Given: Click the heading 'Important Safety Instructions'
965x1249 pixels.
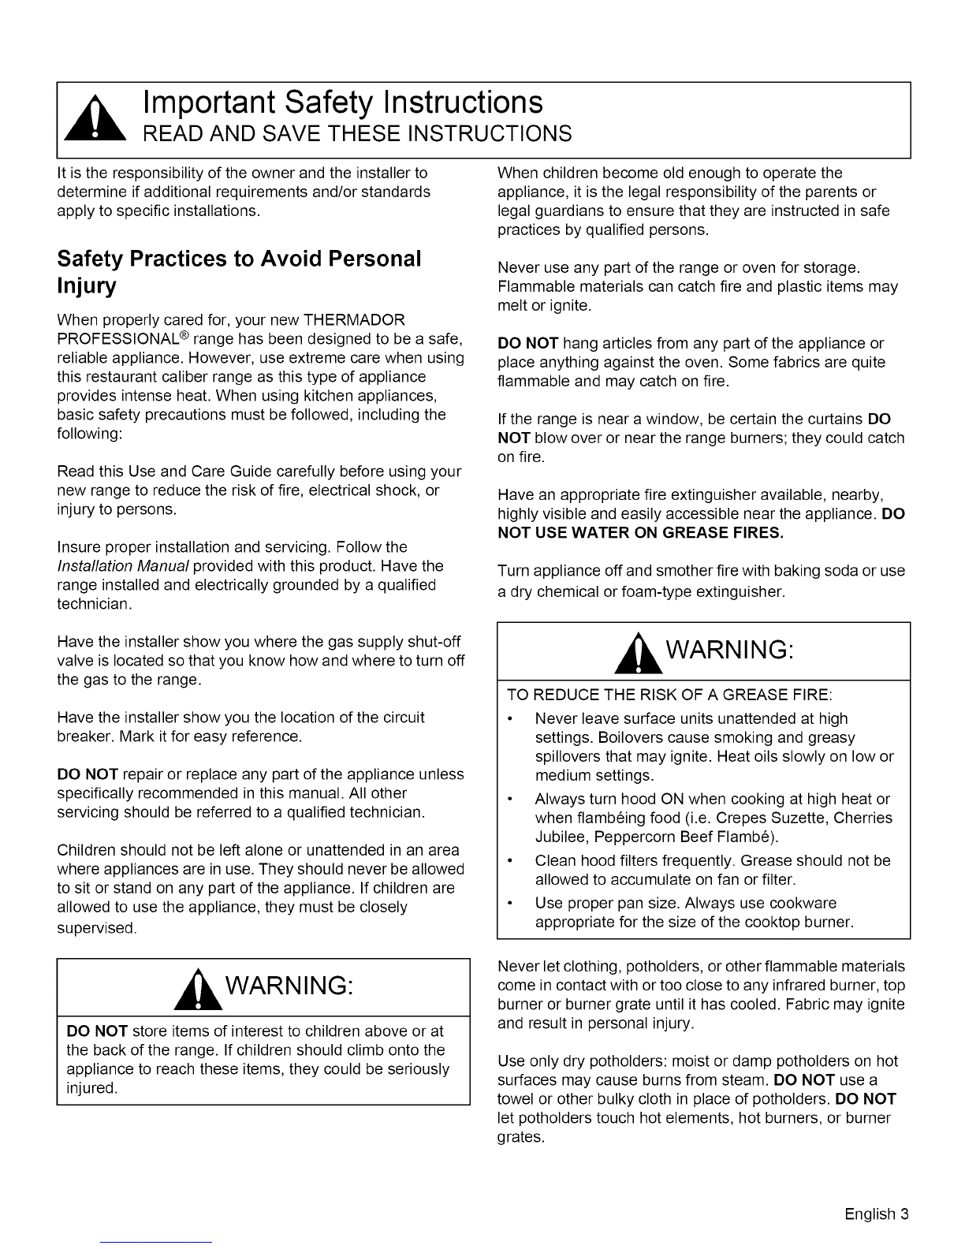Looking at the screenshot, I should pyautogui.click(x=343, y=102).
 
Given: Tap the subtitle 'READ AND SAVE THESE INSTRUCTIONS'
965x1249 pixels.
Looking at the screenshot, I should pyautogui.click(x=356, y=133).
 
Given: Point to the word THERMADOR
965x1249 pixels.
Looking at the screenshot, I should pyautogui.click(x=354, y=321).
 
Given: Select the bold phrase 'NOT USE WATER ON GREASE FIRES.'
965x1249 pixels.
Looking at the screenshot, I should pyautogui.click(x=641, y=533).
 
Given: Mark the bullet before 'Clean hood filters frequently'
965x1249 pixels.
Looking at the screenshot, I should pyautogui.click(x=512, y=861).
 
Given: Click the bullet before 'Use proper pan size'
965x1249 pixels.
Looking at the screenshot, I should pyautogui.click(x=512, y=904).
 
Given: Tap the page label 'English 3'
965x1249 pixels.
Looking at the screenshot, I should pyautogui.click(x=877, y=1214).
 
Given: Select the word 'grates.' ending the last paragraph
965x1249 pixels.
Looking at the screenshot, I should pyautogui.click(x=521, y=1138).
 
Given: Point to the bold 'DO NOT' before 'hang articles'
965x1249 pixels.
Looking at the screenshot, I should pyautogui.click(x=528, y=344).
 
